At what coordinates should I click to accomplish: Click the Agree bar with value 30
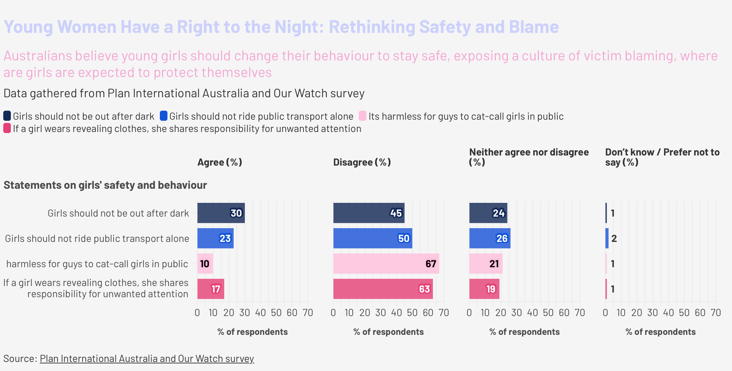221,213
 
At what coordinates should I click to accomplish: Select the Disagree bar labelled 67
386,264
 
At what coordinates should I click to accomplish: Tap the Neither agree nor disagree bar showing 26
490,238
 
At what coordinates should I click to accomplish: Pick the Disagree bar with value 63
383,289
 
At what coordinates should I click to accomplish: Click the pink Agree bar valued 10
205,264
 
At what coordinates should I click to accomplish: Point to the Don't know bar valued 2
607,238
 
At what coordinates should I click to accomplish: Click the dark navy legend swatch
7,116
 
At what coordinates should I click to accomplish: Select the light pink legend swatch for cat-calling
362,116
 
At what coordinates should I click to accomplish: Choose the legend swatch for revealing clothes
7,128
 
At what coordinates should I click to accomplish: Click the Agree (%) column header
220,162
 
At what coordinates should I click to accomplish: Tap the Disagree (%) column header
362,162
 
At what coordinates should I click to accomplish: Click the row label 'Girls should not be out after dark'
118,213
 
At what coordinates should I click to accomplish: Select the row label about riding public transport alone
97,239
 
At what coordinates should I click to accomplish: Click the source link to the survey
147,359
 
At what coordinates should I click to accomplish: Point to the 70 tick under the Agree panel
308,313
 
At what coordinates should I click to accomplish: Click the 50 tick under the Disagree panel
412,313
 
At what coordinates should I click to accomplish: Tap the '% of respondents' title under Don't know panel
660,332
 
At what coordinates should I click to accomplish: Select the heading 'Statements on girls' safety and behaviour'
105,185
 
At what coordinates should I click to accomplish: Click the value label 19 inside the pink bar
491,289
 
